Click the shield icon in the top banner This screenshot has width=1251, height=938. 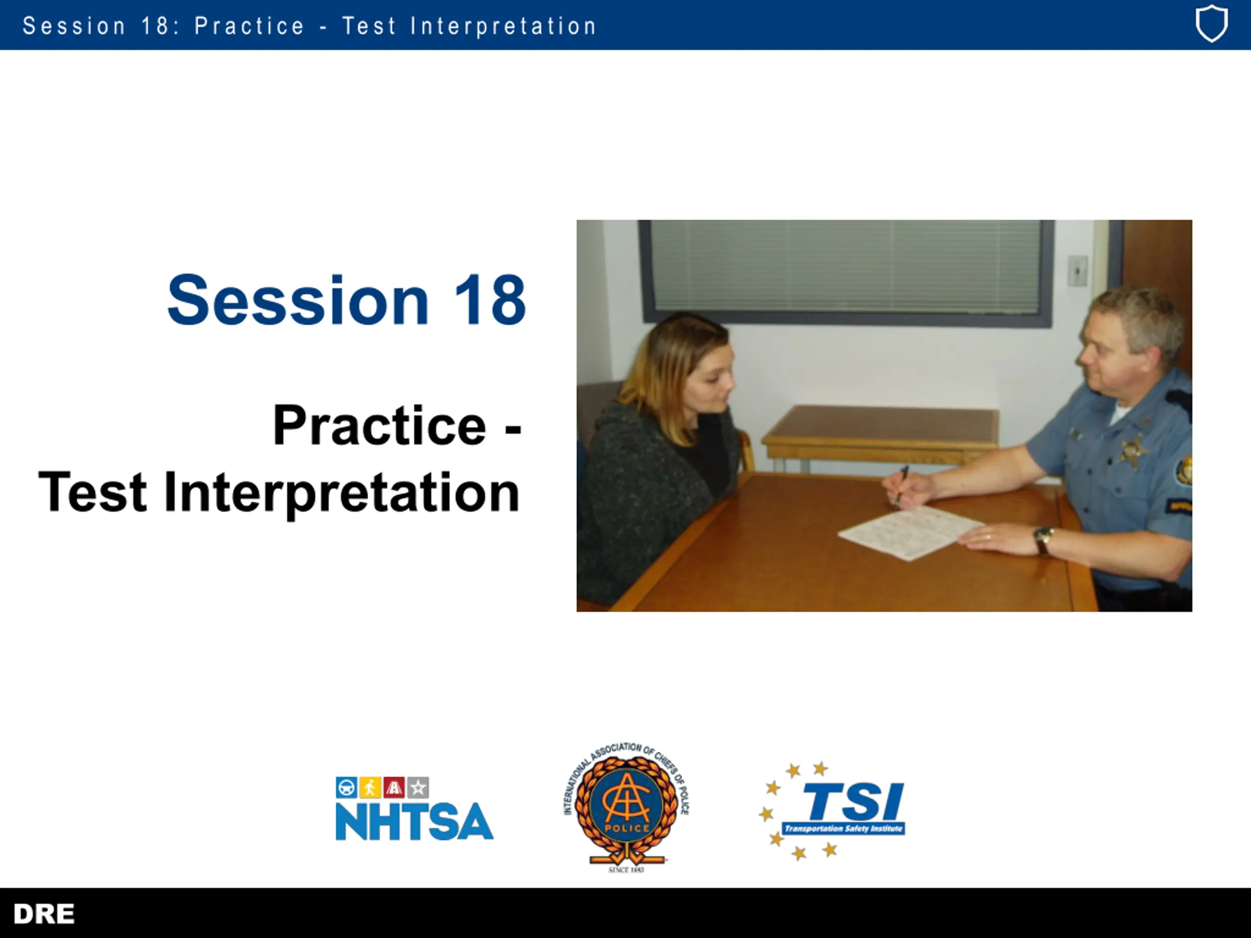coord(1211,24)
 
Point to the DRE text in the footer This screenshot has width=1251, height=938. coord(44,914)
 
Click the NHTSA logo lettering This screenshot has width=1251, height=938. coord(414,821)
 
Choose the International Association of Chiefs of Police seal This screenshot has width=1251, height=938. coord(626,808)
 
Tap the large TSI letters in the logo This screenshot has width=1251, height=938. coord(853,802)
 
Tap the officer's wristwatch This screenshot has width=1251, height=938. coord(1043,540)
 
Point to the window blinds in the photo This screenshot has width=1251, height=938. coord(845,266)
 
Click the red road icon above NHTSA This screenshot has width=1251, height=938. coord(393,787)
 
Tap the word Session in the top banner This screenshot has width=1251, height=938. coord(74,26)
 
